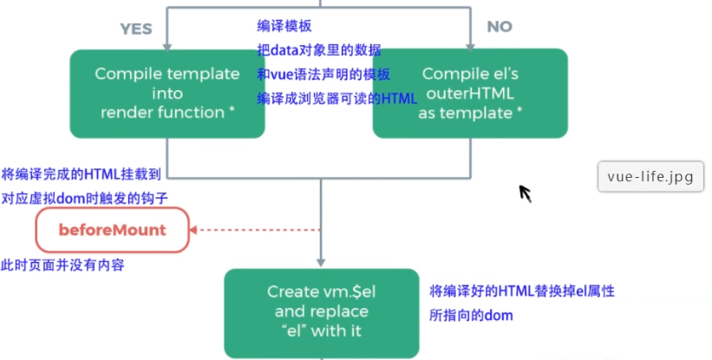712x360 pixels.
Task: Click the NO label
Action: tap(500, 27)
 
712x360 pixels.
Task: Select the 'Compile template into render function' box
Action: tap(167, 93)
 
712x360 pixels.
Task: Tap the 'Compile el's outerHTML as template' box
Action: tap(470, 93)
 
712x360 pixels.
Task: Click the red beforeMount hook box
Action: tap(112, 230)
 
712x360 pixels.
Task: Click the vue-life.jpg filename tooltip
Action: tap(650, 176)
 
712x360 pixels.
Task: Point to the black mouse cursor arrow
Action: tap(525, 193)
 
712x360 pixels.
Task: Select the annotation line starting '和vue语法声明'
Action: tap(323, 75)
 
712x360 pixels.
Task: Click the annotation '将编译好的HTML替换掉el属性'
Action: tap(522, 291)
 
